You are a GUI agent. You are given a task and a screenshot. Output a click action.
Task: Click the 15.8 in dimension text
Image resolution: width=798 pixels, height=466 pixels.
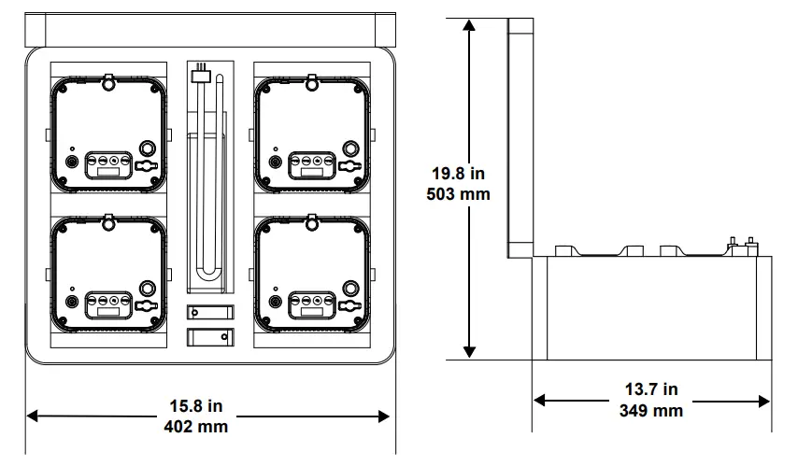click(x=196, y=406)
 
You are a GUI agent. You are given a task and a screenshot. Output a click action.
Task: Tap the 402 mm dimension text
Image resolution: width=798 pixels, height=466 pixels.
click(x=196, y=426)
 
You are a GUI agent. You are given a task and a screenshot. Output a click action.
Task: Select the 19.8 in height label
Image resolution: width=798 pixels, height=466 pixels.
click(x=460, y=175)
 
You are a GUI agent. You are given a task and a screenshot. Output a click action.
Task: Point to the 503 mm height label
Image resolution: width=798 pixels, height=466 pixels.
click(x=460, y=195)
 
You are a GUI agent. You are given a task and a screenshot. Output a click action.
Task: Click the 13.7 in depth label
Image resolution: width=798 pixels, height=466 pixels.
click(x=651, y=389)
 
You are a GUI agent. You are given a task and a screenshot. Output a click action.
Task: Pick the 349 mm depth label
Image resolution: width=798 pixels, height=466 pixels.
click(x=651, y=410)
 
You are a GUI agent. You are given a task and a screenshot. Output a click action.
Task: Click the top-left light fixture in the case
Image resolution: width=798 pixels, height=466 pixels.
click(x=108, y=133)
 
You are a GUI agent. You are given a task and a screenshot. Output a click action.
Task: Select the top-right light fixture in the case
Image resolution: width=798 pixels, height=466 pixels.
click(x=311, y=133)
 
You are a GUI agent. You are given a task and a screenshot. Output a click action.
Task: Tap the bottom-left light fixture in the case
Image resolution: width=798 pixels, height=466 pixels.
click(x=108, y=273)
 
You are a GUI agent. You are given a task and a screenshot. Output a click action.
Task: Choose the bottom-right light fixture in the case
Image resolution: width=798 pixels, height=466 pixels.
click(x=311, y=273)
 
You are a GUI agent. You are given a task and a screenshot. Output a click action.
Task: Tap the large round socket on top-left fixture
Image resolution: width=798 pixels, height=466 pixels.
click(x=148, y=148)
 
